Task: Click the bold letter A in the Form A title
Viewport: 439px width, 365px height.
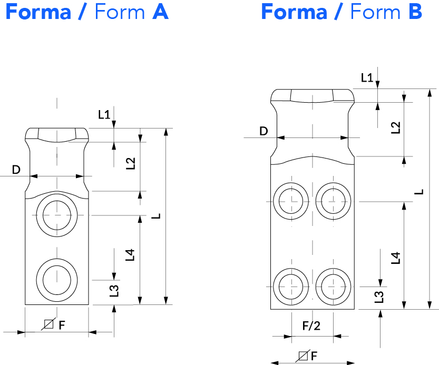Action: coord(160,12)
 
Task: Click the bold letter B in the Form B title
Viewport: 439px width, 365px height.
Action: coord(415,12)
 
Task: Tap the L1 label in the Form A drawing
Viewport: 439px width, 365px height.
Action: coord(104,114)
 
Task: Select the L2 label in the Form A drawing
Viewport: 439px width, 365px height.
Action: coord(131,163)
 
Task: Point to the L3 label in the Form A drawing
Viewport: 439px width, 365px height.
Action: coord(114,291)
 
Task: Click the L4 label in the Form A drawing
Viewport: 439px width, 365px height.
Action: coord(130,255)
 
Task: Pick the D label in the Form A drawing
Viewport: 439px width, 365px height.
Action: coord(16,170)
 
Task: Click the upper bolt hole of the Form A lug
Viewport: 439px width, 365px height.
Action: coord(57,215)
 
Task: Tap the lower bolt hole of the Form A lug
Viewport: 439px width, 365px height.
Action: coord(57,280)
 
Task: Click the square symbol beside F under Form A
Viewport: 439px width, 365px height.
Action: coord(48,324)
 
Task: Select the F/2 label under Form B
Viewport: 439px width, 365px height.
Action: coord(311,326)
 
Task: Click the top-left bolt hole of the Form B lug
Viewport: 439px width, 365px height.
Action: coord(291,201)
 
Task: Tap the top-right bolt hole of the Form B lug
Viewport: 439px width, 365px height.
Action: coord(333,201)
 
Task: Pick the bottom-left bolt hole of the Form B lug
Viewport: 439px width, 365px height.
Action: coord(291,287)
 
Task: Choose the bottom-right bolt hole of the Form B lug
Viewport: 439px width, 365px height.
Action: coord(333,287)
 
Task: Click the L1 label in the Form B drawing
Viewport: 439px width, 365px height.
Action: coord(367,77)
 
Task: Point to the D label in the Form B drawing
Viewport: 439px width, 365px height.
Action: coord(264,131)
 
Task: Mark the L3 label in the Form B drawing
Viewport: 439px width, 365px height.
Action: coord(379,297)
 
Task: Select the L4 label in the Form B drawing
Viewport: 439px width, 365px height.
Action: coord(396,258)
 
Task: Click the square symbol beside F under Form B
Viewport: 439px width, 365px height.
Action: coord(303,356)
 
